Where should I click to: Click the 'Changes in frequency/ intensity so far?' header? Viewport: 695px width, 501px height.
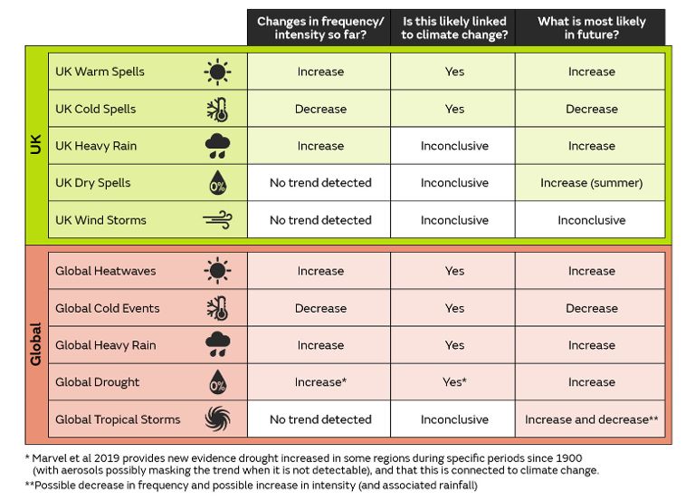(319, 28)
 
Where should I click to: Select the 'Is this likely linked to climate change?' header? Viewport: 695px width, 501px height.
(453, 28)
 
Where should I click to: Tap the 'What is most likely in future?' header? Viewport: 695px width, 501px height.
(591, 28)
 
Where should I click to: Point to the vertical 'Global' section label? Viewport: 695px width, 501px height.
(36, 344)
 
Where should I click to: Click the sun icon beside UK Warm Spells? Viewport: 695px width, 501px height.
(217, 72)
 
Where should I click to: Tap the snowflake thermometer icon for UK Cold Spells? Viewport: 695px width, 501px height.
(217, 109)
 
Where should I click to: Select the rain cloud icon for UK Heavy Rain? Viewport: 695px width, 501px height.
(217, 146)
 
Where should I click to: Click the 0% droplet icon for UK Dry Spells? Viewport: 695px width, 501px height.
(217, 183)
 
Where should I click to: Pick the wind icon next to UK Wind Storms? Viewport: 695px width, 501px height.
(217, 220)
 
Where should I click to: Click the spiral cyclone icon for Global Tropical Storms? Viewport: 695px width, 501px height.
(217, 419)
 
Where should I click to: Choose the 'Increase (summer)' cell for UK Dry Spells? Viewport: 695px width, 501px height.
(591, 183)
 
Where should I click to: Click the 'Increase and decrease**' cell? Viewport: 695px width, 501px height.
(591, 419)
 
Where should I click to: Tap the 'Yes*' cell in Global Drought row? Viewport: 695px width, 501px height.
(453, 382)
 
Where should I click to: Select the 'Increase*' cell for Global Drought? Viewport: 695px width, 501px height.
(319, 382)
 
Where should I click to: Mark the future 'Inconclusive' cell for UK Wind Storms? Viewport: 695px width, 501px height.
(591, 220)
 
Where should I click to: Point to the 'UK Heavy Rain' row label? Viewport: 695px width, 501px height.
(96, 146)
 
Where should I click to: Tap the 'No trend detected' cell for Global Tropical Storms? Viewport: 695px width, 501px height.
(319, 419)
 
